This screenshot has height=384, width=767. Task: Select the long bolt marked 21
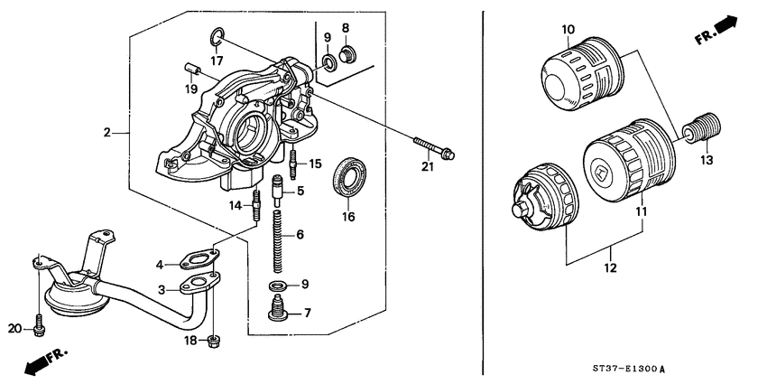point(434,146)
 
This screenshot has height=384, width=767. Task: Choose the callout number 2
point(106,133)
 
